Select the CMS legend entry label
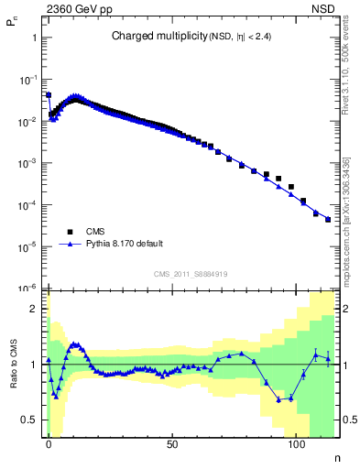pos(96,232)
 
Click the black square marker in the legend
pos(71,232)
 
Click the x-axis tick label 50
pos(172,443)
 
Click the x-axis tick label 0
pos(49,443)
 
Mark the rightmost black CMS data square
pos(328,219)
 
